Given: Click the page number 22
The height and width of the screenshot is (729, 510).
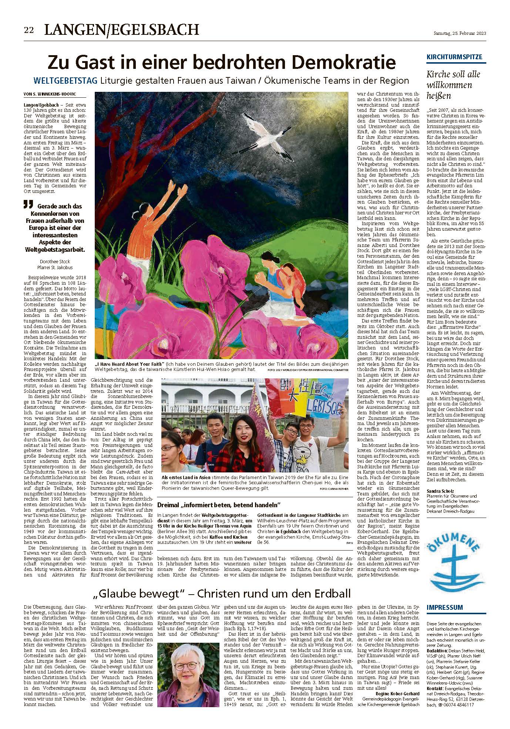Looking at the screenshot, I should pyautogui.click(x=29, y=30).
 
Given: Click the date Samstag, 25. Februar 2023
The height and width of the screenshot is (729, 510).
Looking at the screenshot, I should pyautogui.click(x=460, y=33).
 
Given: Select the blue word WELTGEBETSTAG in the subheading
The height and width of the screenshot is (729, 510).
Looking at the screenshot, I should pyautogui.click(x=66, y=80).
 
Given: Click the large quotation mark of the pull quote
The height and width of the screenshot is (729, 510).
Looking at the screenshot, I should pyautogui.click(x=26, y=204).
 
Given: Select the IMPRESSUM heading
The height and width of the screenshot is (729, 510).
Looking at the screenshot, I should pyautogui.click(x=444, y=608).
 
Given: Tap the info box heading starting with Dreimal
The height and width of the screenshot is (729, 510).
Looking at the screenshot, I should pyautogui.click(x=219, y=505).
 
